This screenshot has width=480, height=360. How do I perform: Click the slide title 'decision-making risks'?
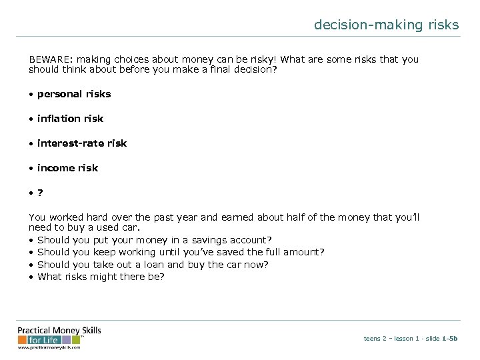click(x=387, y=25)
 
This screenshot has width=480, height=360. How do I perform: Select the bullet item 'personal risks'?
click(x=74, y=94)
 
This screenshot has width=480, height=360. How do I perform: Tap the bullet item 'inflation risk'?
click(x=70, y=119)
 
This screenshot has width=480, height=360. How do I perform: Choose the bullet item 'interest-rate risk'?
click(x=81, y=143)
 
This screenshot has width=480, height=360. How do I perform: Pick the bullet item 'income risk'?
click(x=67, y=168)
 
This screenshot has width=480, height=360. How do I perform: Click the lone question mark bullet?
click(x=41, y=193)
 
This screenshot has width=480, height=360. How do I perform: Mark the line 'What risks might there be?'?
click(x=101, y=277)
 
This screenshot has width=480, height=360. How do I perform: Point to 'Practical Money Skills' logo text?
click(x=59, y=331)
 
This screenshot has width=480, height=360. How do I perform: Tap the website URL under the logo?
click(x=49, y=347)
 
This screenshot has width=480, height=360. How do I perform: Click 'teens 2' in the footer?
click(x=375, y=339)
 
